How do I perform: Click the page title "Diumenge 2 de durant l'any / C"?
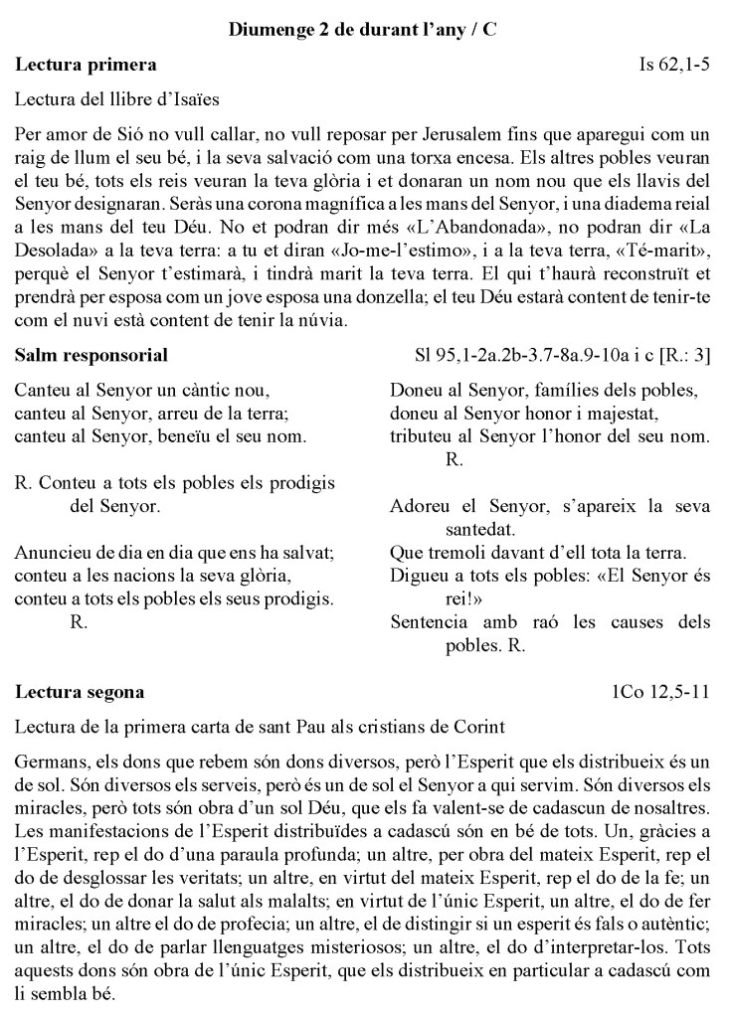pos(364,31)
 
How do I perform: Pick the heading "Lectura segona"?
pos(81,691)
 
